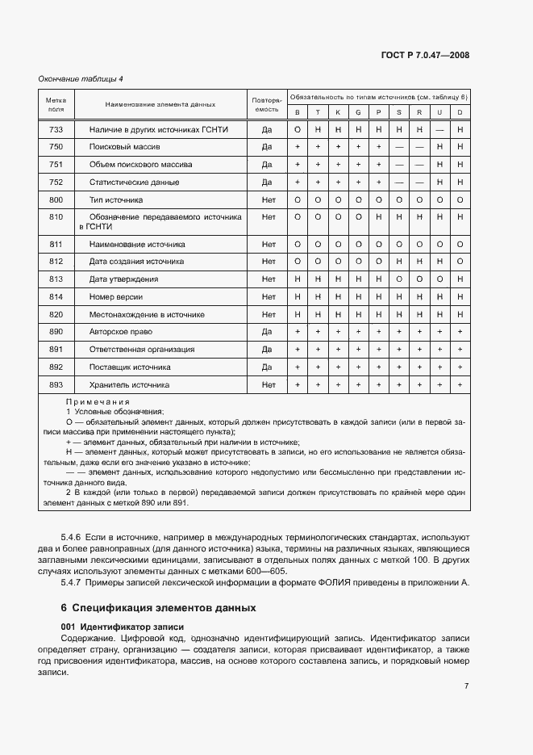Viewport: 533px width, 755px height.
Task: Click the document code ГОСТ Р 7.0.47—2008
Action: (426, 56)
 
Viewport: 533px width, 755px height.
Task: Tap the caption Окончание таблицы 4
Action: (81, 78)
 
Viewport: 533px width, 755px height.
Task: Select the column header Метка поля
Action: (56, 103)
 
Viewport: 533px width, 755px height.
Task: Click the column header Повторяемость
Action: (267, 103)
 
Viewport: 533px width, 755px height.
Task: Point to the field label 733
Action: (56, 129)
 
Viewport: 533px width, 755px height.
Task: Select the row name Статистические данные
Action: (134, 182)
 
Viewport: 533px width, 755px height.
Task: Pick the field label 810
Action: (56, 216)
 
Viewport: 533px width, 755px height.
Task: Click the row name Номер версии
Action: (118, 296)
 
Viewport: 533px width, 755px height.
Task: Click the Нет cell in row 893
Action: (269, 385)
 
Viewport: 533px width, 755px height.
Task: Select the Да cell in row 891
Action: (269, 350)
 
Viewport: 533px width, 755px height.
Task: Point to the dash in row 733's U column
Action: (439, 129)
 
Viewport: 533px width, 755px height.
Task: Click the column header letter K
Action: (337, 112)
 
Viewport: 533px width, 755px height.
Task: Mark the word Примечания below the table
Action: (98, 402)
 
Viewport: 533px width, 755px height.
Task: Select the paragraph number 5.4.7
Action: (73, 582)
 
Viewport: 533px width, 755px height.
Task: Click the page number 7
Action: (467, 686)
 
